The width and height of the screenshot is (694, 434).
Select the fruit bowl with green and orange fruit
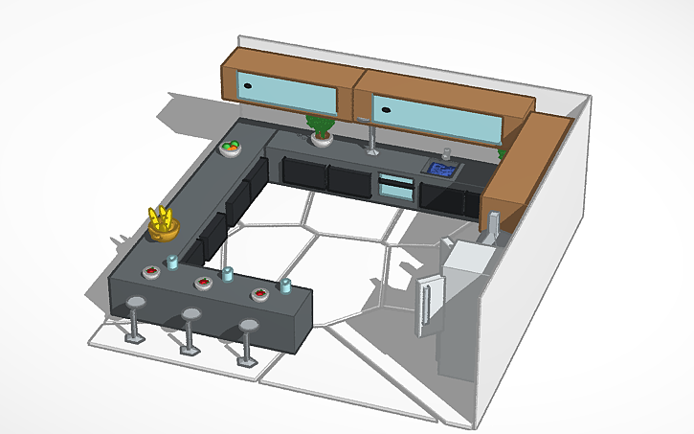[231, 148]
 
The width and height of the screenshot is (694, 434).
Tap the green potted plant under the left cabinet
[320, 127]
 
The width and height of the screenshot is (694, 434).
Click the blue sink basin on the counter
[442, 169]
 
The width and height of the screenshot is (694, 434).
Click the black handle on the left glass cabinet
[248, 86]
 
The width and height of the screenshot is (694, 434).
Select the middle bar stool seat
[191, 315]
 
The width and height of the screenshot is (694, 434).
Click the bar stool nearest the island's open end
[250, 328]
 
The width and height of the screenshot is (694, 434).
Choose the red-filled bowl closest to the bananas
[151, 272]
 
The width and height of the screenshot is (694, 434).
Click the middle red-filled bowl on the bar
[204, 282]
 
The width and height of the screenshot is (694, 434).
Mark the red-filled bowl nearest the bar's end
[259, 292]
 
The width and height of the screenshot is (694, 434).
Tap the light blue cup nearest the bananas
[173, 261]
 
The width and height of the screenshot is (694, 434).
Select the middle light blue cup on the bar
[228, 274]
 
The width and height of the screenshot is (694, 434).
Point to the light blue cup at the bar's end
[285, 285]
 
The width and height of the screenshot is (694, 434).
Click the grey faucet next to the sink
[446, 153]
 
